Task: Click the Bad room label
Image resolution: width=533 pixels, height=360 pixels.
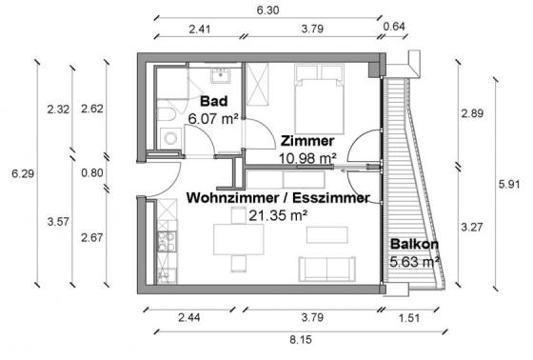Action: [x=214, y=101]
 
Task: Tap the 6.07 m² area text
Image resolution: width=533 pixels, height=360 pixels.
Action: [x=213, y=119]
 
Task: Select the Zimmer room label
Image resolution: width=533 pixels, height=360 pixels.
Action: [x=307, y=141]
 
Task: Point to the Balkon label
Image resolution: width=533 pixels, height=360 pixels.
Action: [x=414, y=244]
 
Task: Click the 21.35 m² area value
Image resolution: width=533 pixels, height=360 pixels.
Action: [x=278, y=215]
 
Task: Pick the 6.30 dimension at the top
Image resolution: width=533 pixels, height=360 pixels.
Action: [x=267, y=10]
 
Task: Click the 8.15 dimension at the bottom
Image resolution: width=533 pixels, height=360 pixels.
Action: [x=301, y=339]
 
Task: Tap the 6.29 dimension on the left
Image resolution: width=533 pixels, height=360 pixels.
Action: [x=23, y=173]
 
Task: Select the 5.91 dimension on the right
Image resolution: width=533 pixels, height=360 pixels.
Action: [x=509, y=185]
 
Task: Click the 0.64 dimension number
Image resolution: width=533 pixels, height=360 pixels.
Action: [x=394, y=27]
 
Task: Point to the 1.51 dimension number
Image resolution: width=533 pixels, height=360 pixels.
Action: [x=409, y=318]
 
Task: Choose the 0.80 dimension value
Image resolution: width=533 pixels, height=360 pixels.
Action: [x=92, y=172]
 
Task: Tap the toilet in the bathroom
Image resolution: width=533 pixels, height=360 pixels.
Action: [x=167, y=114]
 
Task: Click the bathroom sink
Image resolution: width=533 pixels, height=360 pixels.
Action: [x=220, y=76]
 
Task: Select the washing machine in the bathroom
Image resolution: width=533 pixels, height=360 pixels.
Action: [x=170, y=138]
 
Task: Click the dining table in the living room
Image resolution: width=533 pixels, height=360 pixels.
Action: [x=239, y=239]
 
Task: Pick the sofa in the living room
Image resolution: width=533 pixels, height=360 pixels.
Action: [x=327, y=269]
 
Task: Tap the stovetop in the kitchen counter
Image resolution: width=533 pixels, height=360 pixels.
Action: [x=167, y=241]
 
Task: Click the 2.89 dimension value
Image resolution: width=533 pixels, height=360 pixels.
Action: [x=472, y=113]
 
